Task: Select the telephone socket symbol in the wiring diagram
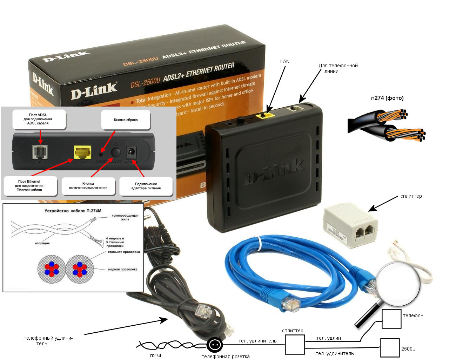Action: (214, 345)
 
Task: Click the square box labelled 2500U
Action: (390, 348)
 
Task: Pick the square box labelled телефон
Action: (391, 319)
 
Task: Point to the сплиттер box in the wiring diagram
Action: (295, 345)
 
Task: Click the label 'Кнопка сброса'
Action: (126, 120)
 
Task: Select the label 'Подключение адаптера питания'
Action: (146, 186)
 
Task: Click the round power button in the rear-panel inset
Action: (115, 152)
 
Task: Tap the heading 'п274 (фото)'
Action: (387, 98)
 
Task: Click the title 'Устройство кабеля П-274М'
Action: (73, 211)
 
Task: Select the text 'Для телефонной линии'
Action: (338, 68)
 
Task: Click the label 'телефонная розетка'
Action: (226, 356)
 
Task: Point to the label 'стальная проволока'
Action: (123, 252)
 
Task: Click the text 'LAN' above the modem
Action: (285, 61)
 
